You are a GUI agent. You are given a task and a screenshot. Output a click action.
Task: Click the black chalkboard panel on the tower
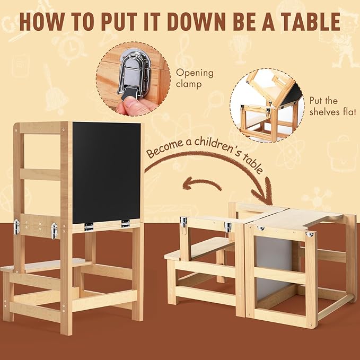coord(107,172)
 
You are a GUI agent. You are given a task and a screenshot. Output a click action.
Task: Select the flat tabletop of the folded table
coord(297,218)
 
